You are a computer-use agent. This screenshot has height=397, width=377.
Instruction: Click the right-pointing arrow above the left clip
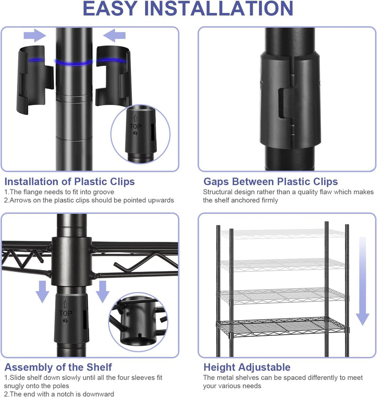point(35,35)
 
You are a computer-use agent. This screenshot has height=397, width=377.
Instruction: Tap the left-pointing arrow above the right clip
point(115,35)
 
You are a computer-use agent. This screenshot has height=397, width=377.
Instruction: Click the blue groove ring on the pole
point(74,62)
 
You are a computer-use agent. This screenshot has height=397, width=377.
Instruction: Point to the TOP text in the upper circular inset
point(136,126)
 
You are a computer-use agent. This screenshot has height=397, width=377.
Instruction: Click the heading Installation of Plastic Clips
point(70,181)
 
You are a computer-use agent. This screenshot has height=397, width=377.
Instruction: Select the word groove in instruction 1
point(103,192)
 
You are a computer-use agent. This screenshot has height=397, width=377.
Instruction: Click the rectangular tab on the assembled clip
point(287,103)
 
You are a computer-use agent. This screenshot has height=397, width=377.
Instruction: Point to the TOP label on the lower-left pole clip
point(66,313)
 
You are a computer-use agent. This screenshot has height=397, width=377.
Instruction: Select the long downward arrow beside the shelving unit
point(362,281)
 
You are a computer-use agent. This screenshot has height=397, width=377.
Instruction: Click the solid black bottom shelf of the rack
point(282,327)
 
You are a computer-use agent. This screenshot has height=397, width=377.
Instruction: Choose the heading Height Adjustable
point(247,367)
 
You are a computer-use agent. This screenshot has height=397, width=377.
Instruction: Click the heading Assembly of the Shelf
point(58,367)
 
